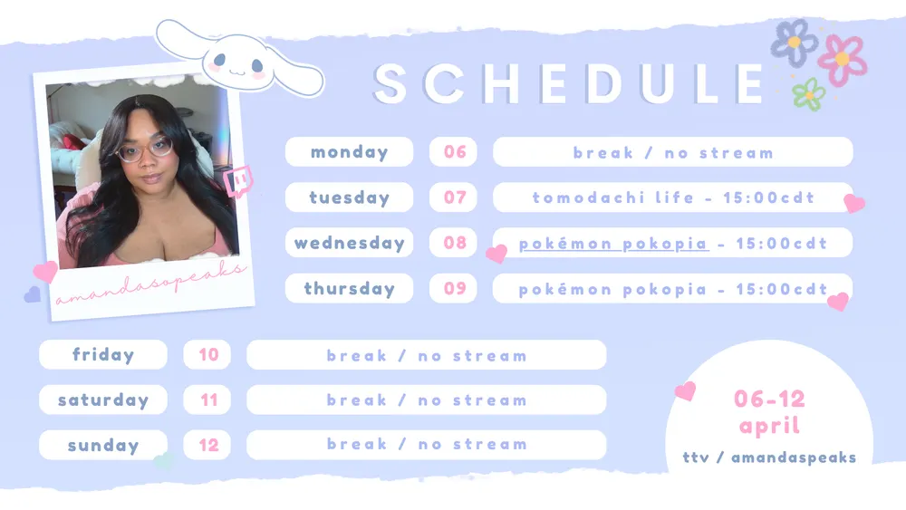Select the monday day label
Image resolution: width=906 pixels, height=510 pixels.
pos(349,152)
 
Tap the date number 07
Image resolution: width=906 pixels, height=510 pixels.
pos(455,197)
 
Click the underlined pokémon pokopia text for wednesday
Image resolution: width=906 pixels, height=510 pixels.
pos(613,244)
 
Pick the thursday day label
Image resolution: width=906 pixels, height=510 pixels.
pos(349,288)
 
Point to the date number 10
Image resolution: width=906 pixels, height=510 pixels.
pos(208,354)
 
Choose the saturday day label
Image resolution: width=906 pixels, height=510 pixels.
pos(103,399)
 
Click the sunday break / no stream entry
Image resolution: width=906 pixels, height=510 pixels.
pos(427,445)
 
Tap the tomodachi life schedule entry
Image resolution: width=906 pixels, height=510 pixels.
pos(672,197)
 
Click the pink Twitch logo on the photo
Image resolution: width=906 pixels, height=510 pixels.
pos(238,181)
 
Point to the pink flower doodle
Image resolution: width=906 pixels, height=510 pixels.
pos(842,60)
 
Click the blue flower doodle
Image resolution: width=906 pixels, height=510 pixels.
pos(794,42)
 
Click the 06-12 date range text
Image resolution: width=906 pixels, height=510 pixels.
pos(769,399)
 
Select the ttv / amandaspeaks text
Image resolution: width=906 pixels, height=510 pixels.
pos(769,457)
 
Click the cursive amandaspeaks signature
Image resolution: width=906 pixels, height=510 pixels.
pos(150,283)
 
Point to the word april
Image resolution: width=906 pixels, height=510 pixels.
pos(769,427)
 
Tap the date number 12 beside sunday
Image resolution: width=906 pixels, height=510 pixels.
pos(208,445)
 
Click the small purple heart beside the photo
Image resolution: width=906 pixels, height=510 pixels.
pos(33,294)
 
